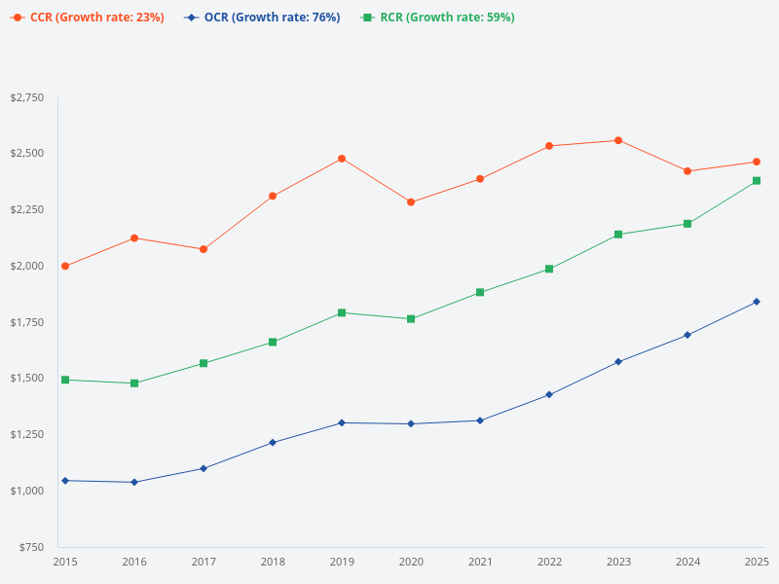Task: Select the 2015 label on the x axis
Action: tap(65, 563)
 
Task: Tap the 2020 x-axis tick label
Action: tap(411, 563)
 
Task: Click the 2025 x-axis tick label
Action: tap(757, 563)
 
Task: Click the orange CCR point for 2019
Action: tap(342, 159)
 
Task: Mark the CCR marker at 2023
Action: tap(618, 140)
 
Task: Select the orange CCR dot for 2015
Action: tap(65, 266)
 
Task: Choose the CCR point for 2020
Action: tap(411, 202)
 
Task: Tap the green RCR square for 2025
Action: tap(757, 181)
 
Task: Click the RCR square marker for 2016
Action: tap(134, 383)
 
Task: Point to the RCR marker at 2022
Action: tap(549, 269)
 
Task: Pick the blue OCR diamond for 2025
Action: tap(757, 302)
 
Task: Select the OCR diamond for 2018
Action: tap(273, 443)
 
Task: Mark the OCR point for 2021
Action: tap(480, 420)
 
